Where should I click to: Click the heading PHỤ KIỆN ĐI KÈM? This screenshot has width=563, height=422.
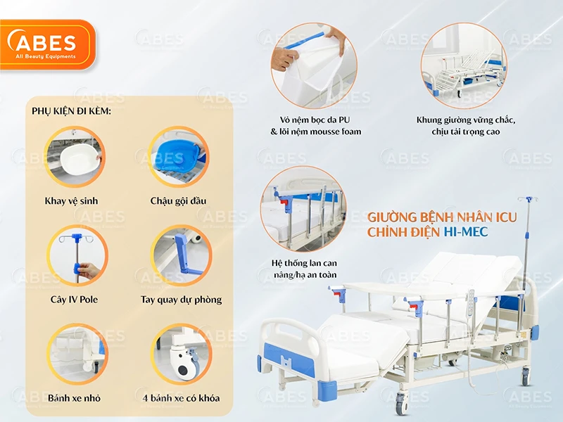point(71,111)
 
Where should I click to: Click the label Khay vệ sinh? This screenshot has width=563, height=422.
point(71,201)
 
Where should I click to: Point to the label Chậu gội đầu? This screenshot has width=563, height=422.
point(178,201)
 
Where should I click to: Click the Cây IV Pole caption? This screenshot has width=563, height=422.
point(74,300)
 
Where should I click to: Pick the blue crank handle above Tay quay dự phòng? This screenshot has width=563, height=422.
point(182,250)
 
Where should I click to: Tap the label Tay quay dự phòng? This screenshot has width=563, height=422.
point(181,300)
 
